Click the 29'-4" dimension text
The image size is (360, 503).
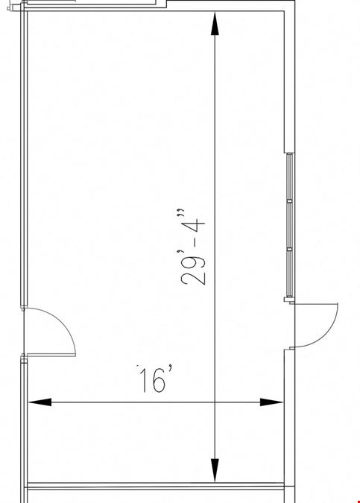point(192,247)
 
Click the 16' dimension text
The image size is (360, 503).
point(155,379)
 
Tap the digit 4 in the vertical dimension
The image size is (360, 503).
point(197,227)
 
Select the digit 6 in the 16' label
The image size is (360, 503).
point(160,381)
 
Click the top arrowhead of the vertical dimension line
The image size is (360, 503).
point(215,23)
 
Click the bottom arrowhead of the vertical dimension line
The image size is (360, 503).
point(215,470)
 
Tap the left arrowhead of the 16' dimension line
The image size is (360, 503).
point(40,402)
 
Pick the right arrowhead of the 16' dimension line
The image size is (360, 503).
point(271,402)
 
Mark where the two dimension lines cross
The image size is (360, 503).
point(215,402)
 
